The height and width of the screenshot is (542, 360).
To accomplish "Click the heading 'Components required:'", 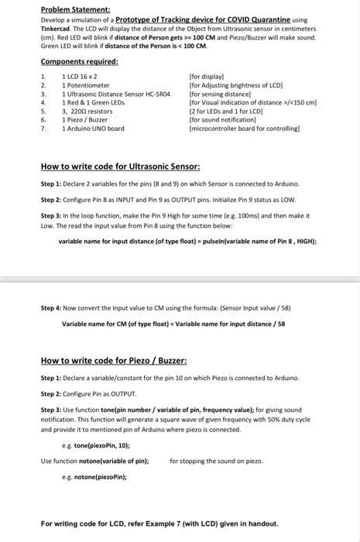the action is coord(79,61).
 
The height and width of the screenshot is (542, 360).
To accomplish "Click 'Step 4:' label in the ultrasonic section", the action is coord(52,307).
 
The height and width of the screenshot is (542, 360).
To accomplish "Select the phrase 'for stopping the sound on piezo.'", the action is coord(216,461).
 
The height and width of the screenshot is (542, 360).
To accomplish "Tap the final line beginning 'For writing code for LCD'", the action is coord(159,523).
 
